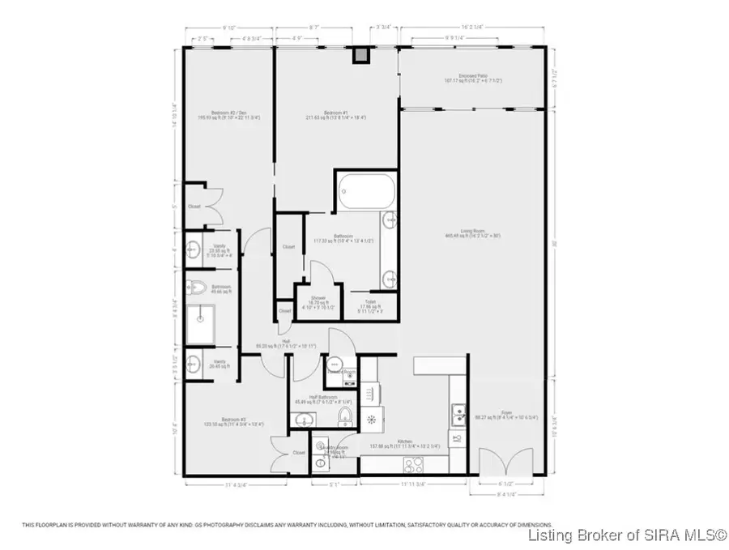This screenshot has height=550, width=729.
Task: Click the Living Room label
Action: [478, 233]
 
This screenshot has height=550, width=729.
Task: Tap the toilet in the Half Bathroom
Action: [345, 416]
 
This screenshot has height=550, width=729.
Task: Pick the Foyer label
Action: [505, 411]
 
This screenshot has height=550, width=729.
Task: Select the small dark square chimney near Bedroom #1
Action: [360, 54]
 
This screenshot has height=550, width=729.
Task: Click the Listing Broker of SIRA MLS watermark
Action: [626, 535]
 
